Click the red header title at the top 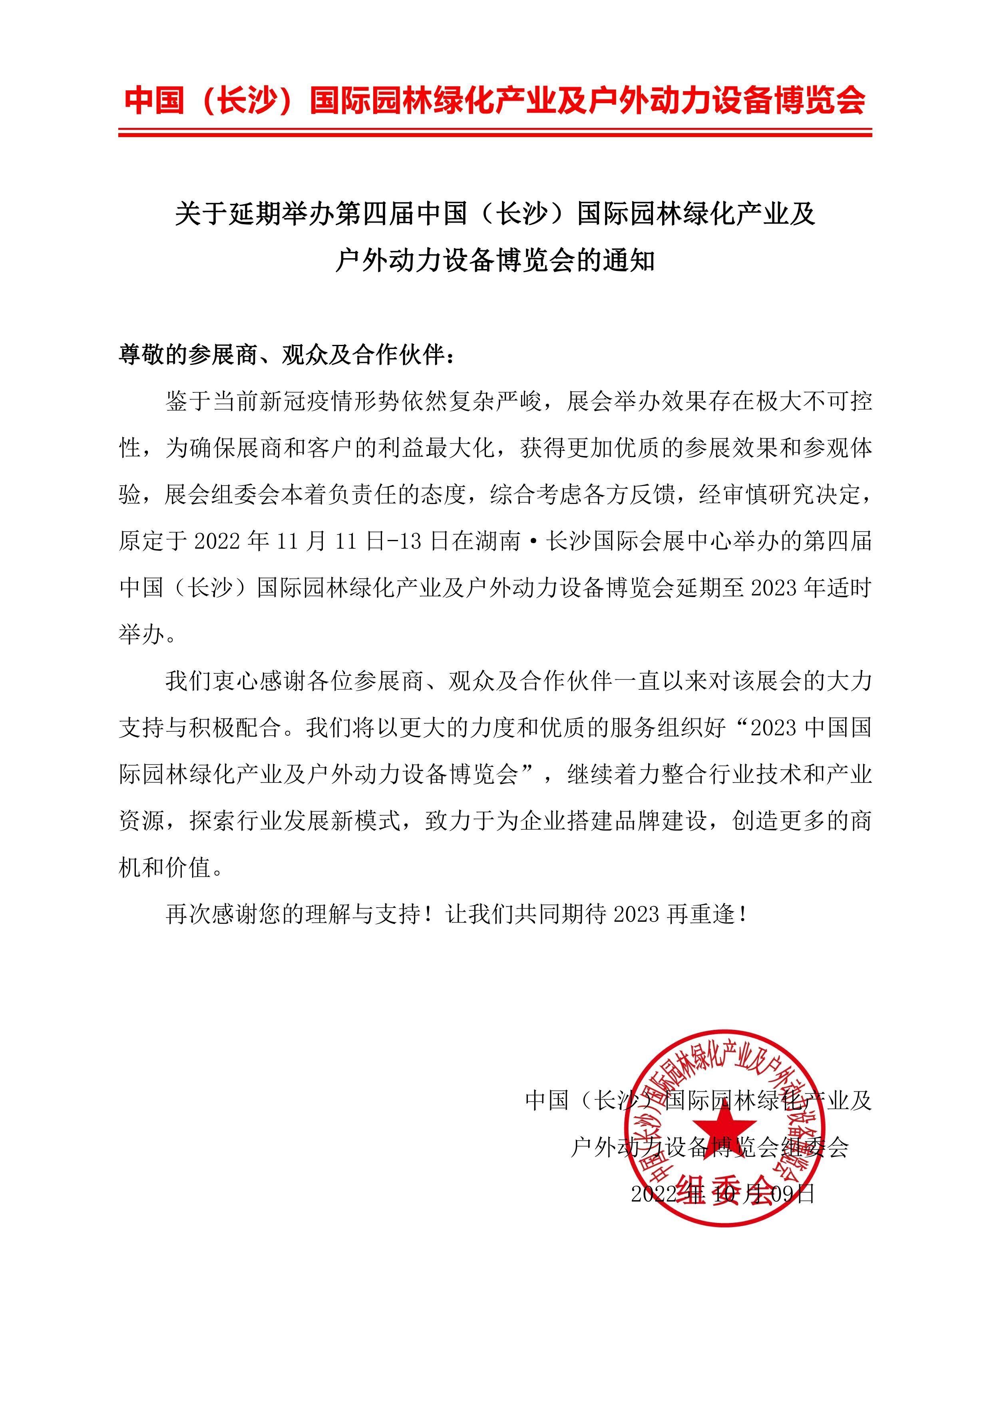point(495,100)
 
